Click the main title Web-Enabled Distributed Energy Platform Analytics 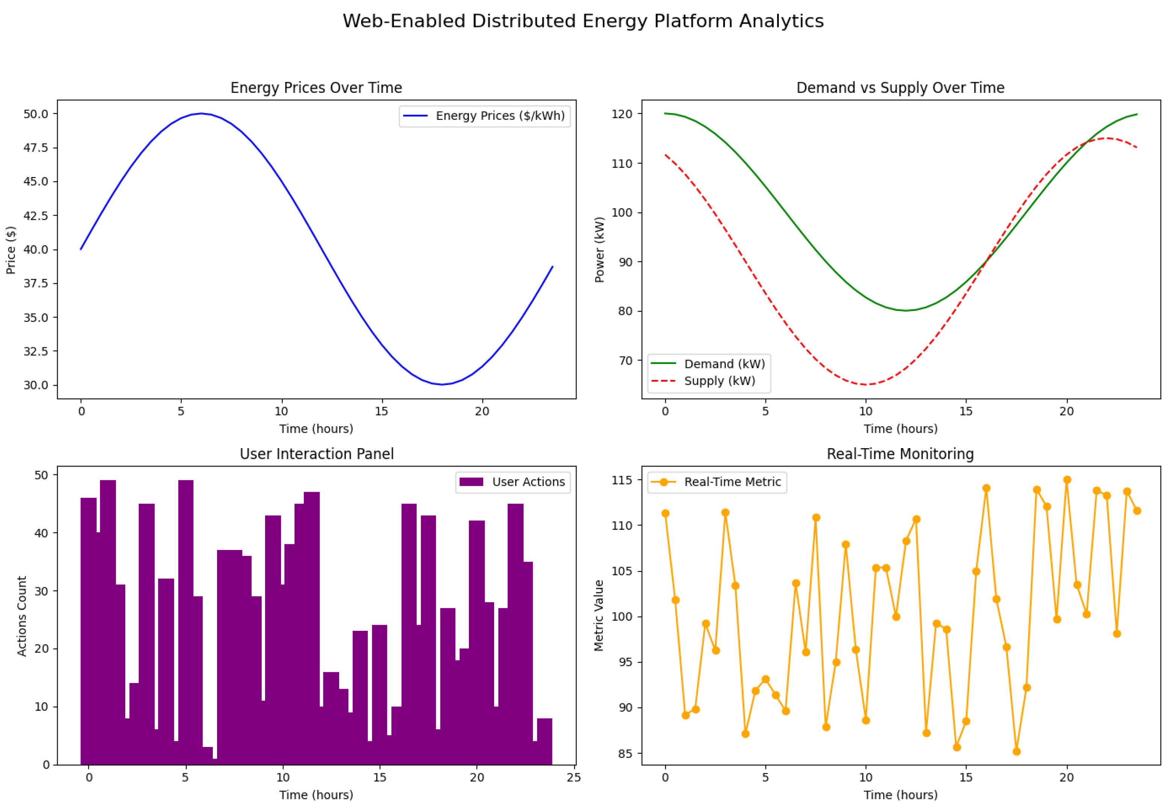point(583,21)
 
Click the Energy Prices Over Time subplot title point(316,88)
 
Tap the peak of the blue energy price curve point(201,114)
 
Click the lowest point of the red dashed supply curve point(866,385)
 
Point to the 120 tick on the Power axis point(622,114)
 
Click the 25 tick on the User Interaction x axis point(574,777)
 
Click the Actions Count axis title point(22,616)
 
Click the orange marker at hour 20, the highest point point(1067,480)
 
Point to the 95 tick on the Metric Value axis point(625,662)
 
